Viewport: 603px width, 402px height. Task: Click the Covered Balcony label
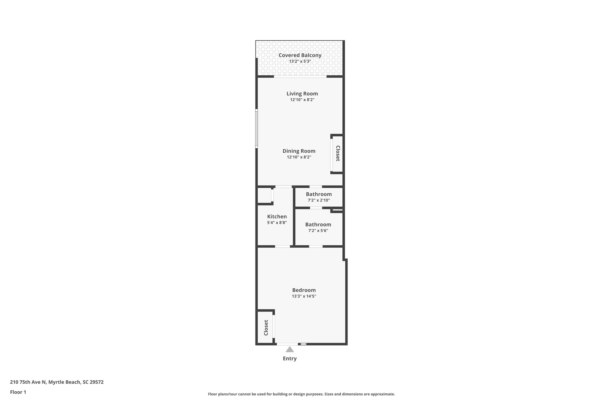tap(300, 55)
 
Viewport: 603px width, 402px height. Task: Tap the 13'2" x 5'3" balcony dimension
tap(300, 62)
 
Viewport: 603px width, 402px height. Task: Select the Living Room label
tap(302, 94)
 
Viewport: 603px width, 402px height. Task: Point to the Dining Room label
tap(299, 151)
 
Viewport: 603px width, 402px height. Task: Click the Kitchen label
tap(277, 216)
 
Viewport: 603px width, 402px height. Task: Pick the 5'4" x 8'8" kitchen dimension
tap(277, 223)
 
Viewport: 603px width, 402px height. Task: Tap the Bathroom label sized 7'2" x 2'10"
tap(319, 194)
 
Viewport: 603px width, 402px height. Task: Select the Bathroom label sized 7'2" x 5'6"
tap(318, 224)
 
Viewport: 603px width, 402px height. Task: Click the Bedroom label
tap(304, 290)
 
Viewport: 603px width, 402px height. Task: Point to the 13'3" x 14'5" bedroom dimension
tap(304, 296)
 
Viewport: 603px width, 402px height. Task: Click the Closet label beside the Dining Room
tap(338, 153)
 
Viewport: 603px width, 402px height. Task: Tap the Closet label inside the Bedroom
tap(266, 327)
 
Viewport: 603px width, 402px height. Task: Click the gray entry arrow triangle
tap(290, 350)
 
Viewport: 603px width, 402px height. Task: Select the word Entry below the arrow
tap(290, 358)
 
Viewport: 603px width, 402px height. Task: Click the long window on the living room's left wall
tap(256, 128)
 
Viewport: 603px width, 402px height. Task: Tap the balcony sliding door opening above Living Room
tap(300, 77)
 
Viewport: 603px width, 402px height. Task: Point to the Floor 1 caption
tap(18, 392)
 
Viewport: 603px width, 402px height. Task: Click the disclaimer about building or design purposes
tap(301, 394)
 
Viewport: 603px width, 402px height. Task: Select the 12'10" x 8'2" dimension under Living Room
tap(302, 100)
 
